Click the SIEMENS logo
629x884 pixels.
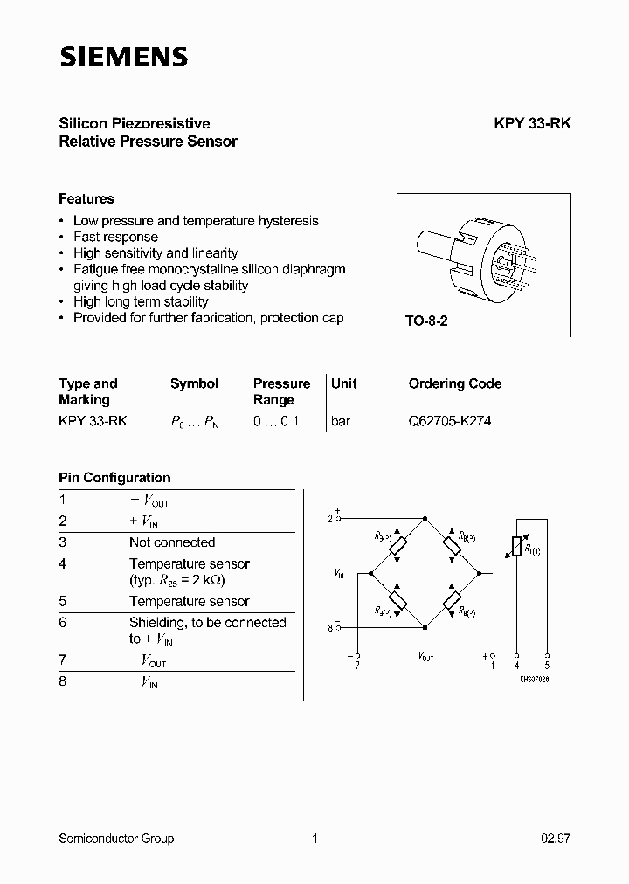point(123,58)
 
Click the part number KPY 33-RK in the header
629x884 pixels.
point(532,124)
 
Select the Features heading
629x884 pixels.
point(86,199)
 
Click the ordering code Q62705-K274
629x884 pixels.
point(450,421)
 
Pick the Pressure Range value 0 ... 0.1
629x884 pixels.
point(276,421)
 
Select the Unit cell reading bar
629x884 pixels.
point(341,421)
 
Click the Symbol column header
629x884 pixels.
point(194,383)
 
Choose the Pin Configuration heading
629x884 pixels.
point(114,478)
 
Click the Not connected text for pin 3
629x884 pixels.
point(171,542)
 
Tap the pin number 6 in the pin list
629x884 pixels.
point(62,623)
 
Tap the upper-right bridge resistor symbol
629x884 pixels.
point(453,545)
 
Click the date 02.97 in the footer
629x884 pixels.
point(556,839)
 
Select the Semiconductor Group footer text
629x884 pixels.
point(116,839)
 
